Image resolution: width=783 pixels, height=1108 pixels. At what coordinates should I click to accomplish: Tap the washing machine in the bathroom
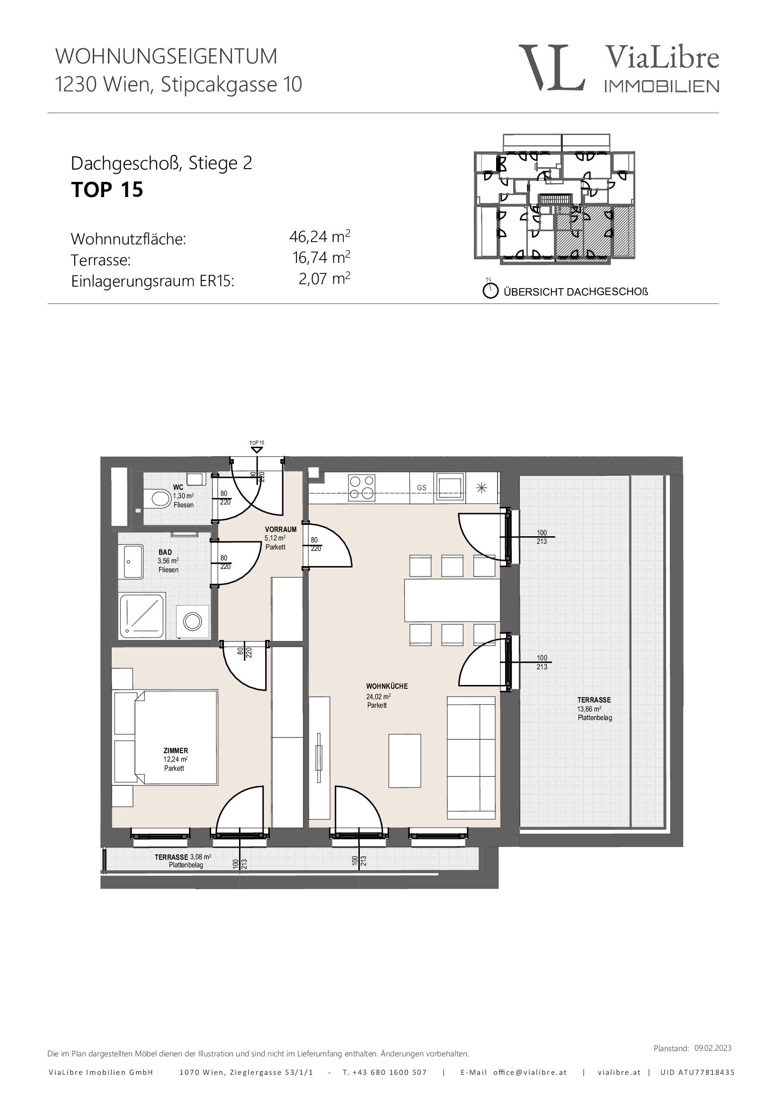[192, 622]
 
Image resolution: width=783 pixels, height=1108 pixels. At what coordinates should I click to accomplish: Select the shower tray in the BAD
[142, 616]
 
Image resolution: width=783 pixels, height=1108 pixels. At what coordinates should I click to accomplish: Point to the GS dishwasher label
[422, 488]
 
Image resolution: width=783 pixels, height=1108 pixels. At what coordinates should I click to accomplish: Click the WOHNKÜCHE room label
[387, 686]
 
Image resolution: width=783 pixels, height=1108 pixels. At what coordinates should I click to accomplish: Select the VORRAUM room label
[281, 530]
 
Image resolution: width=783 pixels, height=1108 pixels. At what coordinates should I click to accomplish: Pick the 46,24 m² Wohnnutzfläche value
[320, 236]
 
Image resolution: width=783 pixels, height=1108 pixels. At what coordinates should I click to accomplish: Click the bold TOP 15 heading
[107, 189]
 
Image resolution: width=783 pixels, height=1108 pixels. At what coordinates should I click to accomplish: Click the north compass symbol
[490, 290]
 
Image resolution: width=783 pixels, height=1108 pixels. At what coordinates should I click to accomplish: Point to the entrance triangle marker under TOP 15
[257, 450]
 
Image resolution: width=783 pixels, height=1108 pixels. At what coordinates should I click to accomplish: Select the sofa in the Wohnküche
[471, 757]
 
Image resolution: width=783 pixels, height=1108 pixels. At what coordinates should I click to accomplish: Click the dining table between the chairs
[452, 600]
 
